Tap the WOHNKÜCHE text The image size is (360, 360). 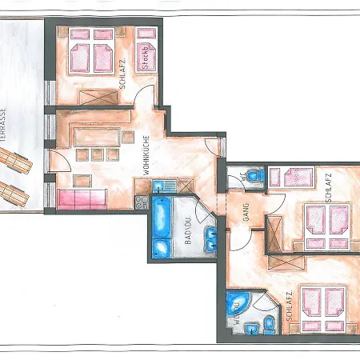[148, 152]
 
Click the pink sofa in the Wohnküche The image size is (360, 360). [83, 198]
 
